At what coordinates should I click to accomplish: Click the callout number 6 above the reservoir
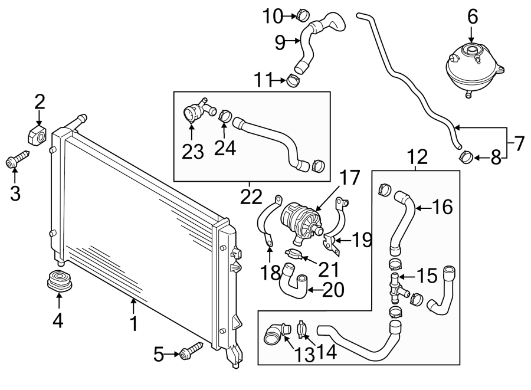click(x=472, y=17)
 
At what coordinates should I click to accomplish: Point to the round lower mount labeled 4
click(x=58, y=280)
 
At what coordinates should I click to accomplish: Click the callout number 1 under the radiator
click(x=134, y=323)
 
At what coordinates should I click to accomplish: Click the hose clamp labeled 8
click(x=466, y=157)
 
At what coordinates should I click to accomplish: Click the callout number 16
click(x=442, y=207)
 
